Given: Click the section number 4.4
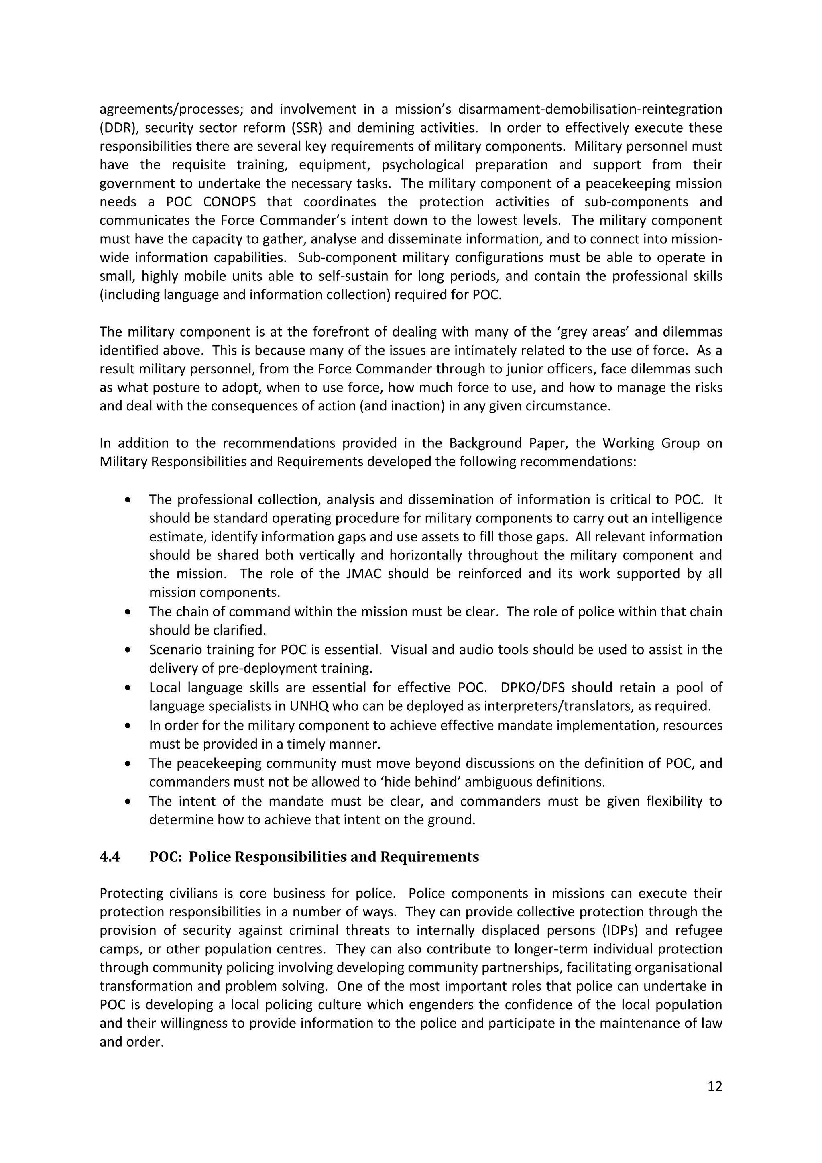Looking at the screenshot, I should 110,857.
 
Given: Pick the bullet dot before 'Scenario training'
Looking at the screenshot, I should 128,649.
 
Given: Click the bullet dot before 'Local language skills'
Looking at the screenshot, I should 128,688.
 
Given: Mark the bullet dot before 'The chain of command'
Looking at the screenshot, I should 128,612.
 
